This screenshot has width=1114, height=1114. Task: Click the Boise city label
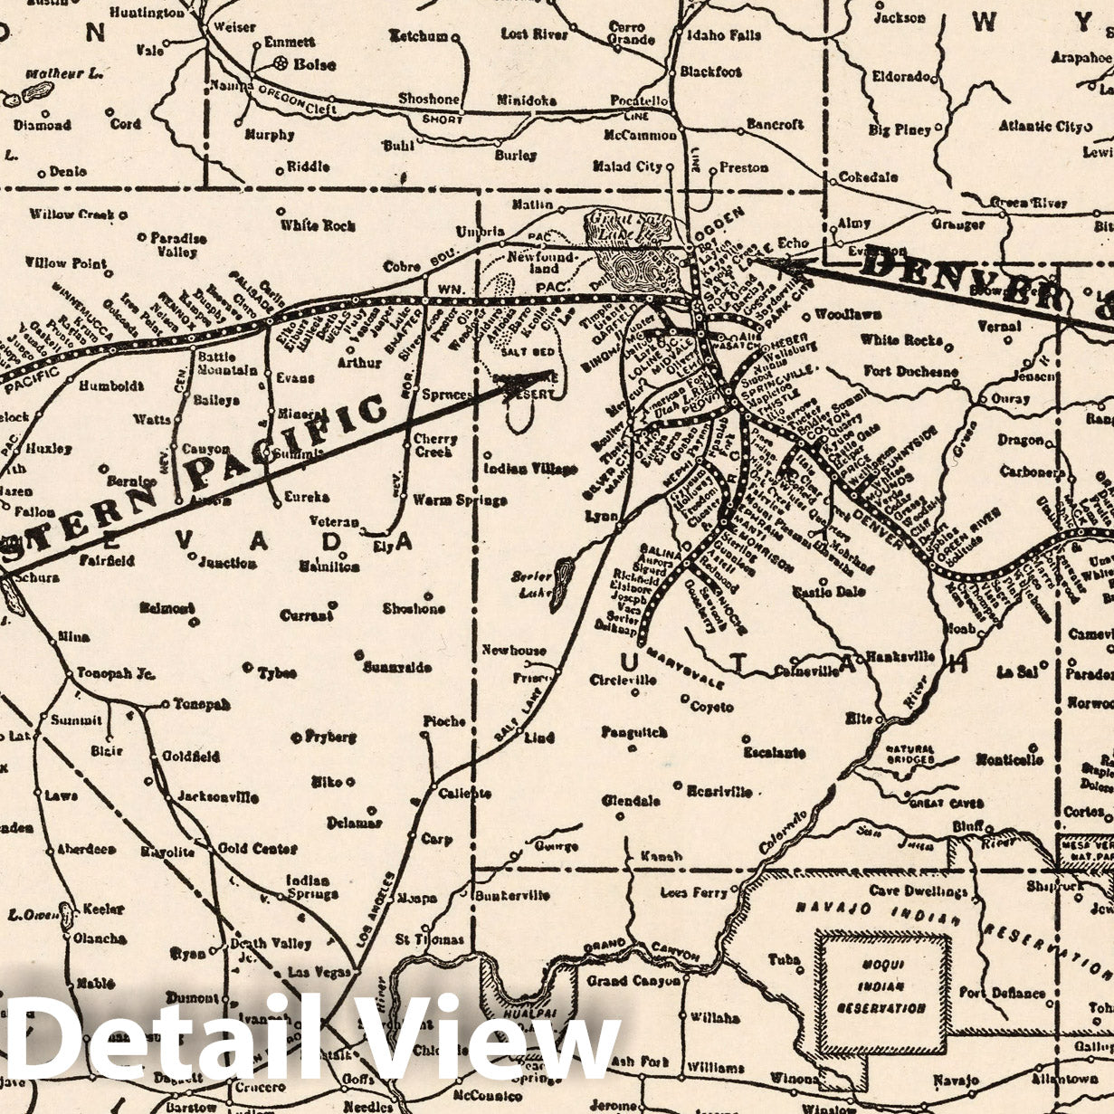[x=314, y=65]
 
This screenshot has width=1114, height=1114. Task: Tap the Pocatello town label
[x=639, y=100]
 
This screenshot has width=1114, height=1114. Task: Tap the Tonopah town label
[x=201, y=703]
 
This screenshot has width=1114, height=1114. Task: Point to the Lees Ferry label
[x=694, y=892]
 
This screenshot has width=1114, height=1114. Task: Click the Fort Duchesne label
[x=909, y=371]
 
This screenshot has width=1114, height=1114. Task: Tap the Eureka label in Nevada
[x=306, y=497]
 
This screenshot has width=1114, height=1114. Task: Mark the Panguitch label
[x=633, y=732]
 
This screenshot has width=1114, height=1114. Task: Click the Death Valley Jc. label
[x=260, y=949]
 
